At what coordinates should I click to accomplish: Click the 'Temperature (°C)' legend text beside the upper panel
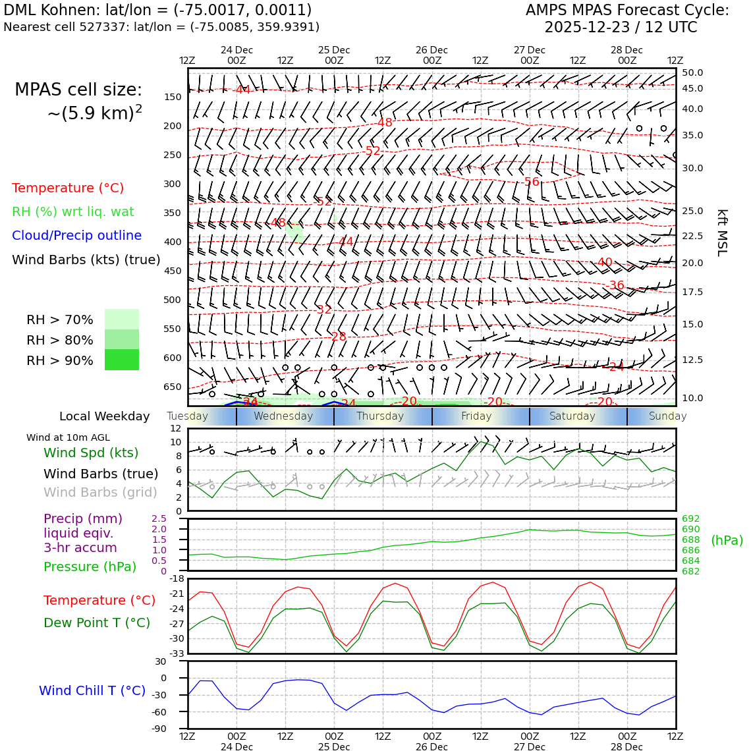tap(68, 188)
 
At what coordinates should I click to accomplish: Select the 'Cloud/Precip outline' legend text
tap(76, 236)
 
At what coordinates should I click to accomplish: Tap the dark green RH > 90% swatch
tap(122, 360)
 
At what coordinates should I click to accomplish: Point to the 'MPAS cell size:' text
tap(78, 90)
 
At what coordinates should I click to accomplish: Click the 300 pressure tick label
tap(172, 184)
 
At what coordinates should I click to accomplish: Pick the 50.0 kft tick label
tap(692, 73)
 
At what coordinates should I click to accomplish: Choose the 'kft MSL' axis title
tap(722, 233)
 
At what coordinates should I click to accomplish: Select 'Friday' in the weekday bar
tap(476, 416)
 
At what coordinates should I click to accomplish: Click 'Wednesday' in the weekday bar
tap(283, 416)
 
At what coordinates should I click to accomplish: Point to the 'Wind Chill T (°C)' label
tap(92, 691)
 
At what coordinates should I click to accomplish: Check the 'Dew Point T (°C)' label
tap(97, 623)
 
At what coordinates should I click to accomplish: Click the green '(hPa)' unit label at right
tap(727, 541)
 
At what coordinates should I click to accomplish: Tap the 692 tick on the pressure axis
tap(690, 519)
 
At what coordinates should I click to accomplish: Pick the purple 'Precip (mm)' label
tap(83, 519)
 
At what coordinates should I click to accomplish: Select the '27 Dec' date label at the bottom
tap(529, 747)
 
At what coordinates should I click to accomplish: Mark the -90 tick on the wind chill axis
tap(159, 729)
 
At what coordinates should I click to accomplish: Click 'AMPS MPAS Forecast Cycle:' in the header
tap(627, 11)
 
